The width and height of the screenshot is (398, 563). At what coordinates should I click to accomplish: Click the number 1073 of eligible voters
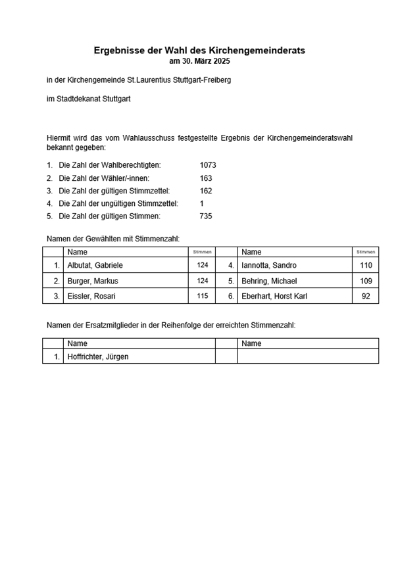[208, 165]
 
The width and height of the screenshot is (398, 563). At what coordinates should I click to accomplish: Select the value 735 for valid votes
[206, 216]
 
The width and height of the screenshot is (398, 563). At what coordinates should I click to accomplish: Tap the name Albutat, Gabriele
[95, 265]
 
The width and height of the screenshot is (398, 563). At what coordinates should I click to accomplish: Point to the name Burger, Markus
[93, 281]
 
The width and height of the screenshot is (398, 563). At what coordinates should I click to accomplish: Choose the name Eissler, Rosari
[91, 296]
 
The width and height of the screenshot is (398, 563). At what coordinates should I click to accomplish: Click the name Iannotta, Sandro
[269, 265]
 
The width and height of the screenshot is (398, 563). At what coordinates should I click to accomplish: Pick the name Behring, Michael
[270, 281]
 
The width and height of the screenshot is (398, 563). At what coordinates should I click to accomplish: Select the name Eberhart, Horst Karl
[275, 296]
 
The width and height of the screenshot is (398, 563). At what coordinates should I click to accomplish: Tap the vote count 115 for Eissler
[202, 296]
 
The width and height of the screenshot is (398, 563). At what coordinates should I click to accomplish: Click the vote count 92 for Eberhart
[366, 296]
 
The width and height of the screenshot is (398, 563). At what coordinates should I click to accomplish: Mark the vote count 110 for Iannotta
[366, 265]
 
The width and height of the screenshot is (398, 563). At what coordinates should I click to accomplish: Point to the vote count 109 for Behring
[366, 281]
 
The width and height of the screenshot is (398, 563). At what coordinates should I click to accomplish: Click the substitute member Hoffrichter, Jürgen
[98, 356]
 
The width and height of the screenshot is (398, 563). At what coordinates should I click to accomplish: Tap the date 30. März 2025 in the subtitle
[207, 61]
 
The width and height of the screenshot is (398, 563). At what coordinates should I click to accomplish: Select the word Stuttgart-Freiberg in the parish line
[197, 80]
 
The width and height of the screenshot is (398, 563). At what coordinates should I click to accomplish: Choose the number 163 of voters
[206, 178]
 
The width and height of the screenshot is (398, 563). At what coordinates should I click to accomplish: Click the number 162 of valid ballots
[206, 191]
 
